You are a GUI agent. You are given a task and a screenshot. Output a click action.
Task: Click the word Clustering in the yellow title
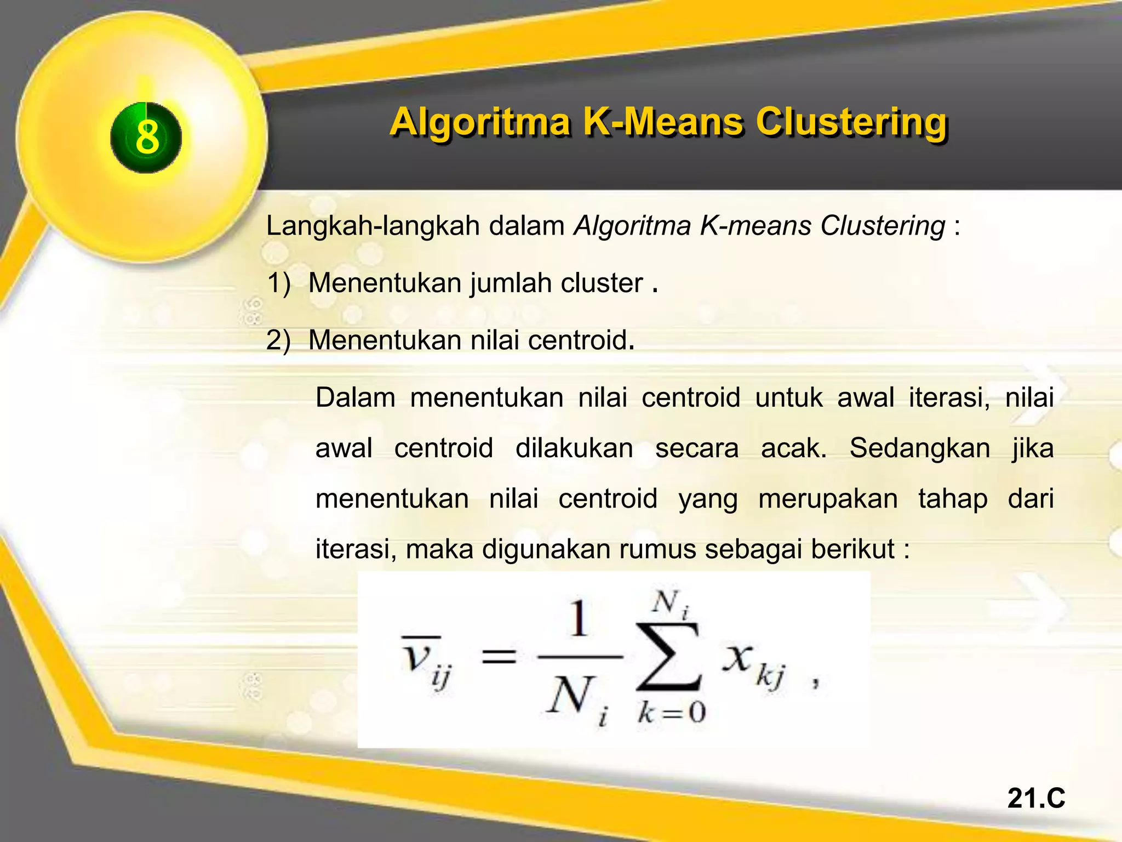click(x=851, y=122)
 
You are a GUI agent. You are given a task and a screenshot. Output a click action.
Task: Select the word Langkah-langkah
click(x=373, y=226)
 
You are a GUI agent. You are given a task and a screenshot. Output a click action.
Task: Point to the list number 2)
click(x=278, y=340)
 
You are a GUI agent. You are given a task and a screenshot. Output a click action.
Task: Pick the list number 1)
click(x=278, y=283)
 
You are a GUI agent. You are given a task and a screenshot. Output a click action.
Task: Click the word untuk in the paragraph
click(x=788, y=397)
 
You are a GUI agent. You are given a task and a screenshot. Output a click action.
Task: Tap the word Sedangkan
click(x=920, y=448)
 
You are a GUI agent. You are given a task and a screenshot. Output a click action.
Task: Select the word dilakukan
click(x=574, y=448)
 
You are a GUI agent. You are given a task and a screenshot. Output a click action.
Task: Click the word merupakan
click(x=828, y=499)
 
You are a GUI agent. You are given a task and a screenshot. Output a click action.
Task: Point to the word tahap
click(x=953, y=499)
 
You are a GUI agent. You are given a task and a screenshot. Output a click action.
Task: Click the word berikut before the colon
click(x=852, y=549)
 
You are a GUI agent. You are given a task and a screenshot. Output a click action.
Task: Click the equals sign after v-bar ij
click(x=498, y=656)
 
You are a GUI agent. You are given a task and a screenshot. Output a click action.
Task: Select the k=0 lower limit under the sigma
click(x=672, y=713)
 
